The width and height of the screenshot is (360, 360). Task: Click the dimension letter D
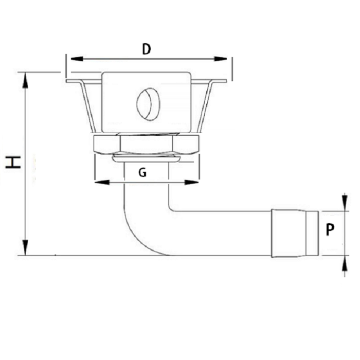pos(147,49)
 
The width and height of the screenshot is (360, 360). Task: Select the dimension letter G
pos(143,173)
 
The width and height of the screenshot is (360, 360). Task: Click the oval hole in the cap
pos(148,104)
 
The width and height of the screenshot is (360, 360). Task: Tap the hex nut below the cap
pos(147,143)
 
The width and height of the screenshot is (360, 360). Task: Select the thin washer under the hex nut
pos(147,157)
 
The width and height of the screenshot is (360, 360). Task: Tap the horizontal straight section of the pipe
pos(221,232)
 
